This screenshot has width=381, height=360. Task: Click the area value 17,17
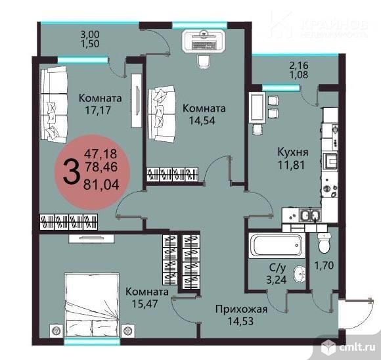tap(98, 110)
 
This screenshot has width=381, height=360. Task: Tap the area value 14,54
tap(202, 120)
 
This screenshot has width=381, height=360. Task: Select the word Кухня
tap(293, 152)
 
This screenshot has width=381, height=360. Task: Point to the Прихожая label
tap(242, 309)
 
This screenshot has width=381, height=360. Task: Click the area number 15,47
tap(145, 304)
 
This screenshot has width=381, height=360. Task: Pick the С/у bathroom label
tap(277, 268)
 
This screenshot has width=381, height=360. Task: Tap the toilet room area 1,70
tap(324, 265)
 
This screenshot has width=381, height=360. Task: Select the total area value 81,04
tap(101, 185)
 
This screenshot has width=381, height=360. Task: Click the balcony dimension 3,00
tap(89, 35)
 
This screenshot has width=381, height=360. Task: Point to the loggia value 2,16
tap(299, 65)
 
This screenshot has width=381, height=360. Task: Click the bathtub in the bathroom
tap(277, 246)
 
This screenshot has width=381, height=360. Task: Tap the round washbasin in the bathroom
tap(300, 275)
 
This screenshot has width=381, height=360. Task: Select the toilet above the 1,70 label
tap(325, 243)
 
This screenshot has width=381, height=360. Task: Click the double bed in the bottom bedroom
tap(92, 305)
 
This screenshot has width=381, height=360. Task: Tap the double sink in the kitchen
tap(309, 215)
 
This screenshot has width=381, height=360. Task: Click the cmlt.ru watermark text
tap(355, 348)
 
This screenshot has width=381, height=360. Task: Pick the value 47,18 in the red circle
tap(101, 154)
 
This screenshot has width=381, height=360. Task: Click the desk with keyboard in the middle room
tap(204, 41)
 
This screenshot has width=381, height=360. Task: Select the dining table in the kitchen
tap(257, 108)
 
